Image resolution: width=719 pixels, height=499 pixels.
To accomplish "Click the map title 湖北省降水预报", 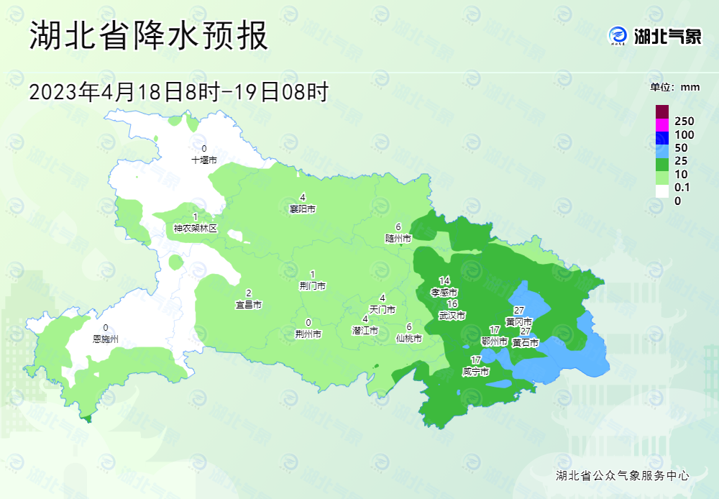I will point(149,36).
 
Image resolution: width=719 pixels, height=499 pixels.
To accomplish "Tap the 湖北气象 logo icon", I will point(618,35).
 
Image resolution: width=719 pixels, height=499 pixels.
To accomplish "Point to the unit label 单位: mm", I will point(674,88).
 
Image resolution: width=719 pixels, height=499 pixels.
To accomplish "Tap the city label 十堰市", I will point(203,160).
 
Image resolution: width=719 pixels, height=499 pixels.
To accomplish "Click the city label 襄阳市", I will point(303,209).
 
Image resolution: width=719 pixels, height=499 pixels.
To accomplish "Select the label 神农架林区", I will point(195,229).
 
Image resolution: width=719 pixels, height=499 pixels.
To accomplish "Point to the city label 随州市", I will point(398,238).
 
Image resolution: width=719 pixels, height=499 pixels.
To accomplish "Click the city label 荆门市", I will point(312,285).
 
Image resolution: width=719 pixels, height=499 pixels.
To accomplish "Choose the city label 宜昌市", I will point(249,305).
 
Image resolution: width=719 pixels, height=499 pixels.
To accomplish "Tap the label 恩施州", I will point(106,338).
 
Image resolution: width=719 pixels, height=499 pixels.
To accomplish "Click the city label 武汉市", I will point(452,316).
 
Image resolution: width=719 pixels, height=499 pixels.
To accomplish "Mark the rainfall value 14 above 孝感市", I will point(444,280).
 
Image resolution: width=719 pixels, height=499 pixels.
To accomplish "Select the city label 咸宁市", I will point(476,372).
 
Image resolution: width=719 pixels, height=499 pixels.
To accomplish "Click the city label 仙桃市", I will point(408,338).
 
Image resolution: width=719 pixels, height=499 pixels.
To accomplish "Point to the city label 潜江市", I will point(365,331).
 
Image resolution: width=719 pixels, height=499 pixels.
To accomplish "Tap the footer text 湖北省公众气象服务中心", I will point(623,475).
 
